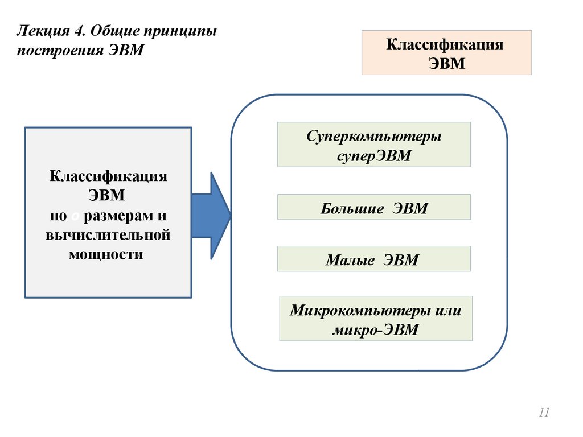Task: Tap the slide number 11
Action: pyautogui.click(x=544, y=413)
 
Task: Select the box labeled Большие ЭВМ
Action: pyautogui.click(x=373, y=207)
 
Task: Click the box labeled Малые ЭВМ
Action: pyautogui.click(x=373, y=259)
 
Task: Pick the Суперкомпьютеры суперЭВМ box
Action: pyautogui.click(x=373, y=145)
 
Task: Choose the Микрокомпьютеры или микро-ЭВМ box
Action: pyautogui.click(x=376, y=319)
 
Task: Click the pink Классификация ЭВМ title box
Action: pyautogui.click(x=446, y=53)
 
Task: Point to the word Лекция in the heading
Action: pyautogui.click(x=40, y=30)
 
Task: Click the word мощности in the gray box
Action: pyautogui.click(x=106, y=254)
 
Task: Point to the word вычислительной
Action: pyautogui.click(x=108, y=234)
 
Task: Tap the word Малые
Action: pyautogui.click(x=350, y=260)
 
